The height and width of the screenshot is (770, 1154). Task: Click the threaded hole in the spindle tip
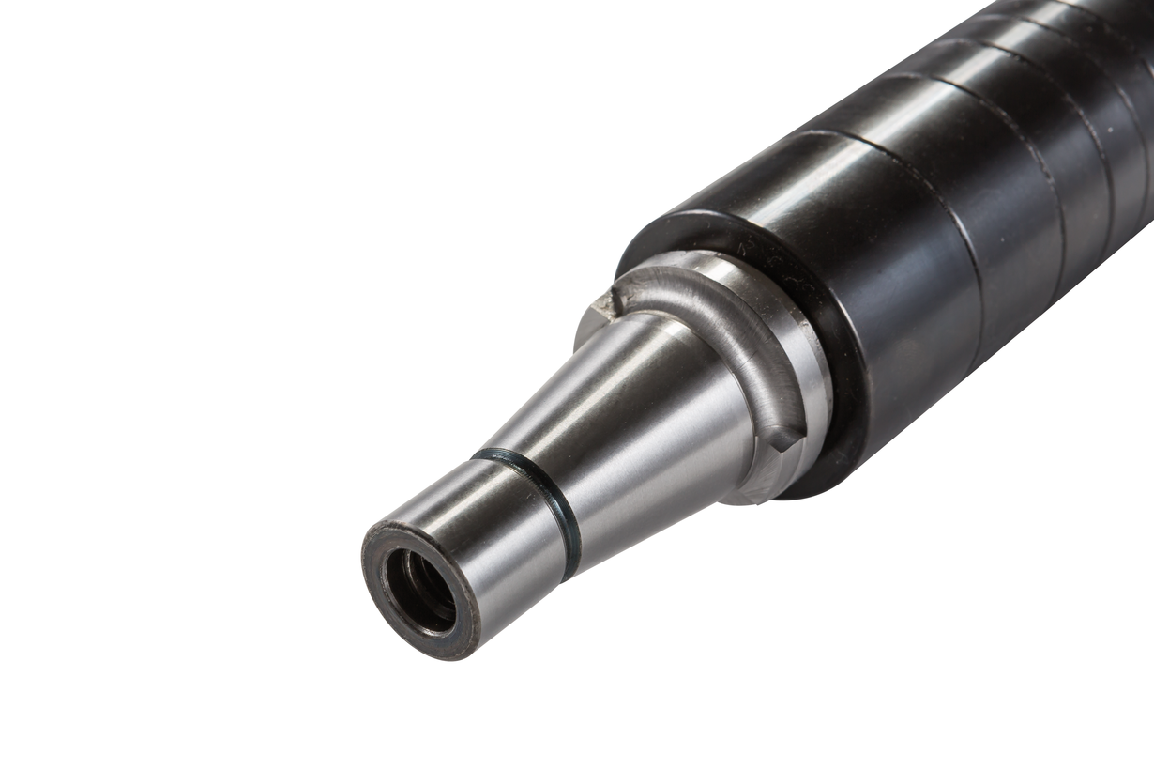click(419, 591)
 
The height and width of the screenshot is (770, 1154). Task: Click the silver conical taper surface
click(638, 413)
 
